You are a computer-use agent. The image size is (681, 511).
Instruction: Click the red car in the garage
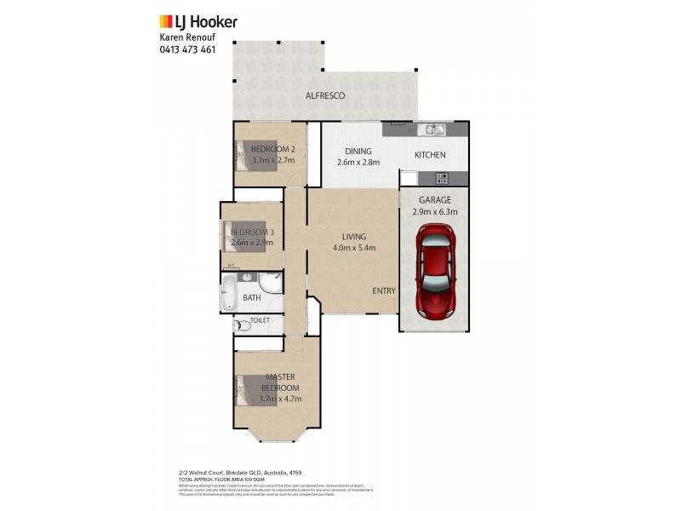pos(434,271)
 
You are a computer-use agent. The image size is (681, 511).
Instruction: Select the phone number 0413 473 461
pos(187,49)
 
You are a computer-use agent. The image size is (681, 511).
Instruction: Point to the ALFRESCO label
pos(325,96)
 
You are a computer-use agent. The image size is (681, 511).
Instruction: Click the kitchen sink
pos(434,129)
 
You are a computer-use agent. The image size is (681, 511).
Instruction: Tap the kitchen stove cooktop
pos(442,178)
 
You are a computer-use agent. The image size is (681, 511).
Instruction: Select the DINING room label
pos(358,152)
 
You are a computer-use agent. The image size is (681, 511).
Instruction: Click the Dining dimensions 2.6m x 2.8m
pos(358,163)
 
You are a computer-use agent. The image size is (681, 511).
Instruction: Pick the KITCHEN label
pos(430,155)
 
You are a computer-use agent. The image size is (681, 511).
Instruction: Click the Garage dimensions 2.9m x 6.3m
pos(434,212)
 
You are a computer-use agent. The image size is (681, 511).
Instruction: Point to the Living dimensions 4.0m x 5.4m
pos(354,248)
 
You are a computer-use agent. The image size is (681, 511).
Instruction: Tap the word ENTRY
pos(384,290)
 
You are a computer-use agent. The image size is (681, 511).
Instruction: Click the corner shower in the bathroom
pos(272,284)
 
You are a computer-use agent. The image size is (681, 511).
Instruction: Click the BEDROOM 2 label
pos(272,149)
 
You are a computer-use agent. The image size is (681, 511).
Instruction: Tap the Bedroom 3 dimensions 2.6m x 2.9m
pos(251,242)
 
